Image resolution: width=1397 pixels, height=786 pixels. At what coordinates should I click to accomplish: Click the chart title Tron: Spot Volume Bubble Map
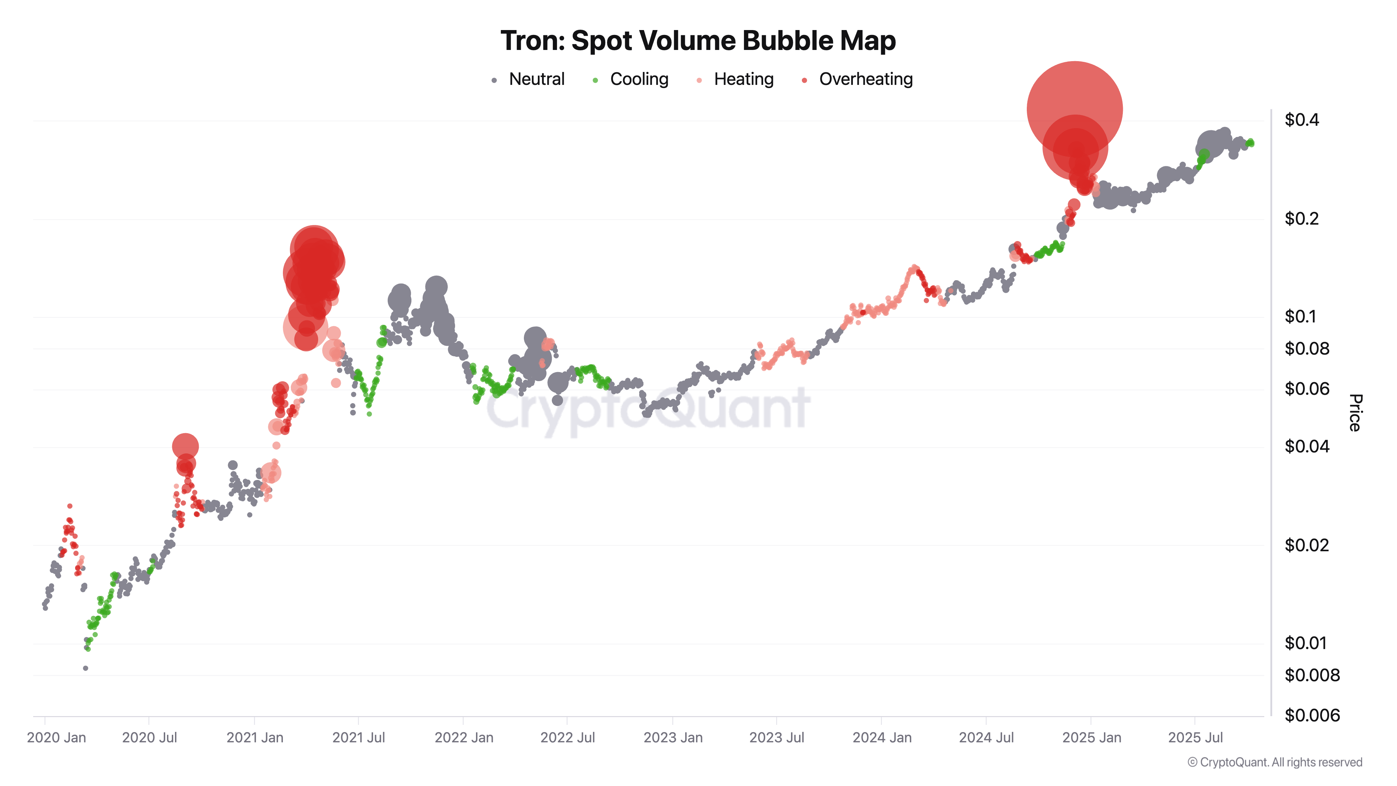(697, 41)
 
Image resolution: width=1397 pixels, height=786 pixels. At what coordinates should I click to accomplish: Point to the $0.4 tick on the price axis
(1302, 120)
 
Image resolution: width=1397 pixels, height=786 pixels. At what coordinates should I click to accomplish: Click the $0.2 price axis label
(1302, 219)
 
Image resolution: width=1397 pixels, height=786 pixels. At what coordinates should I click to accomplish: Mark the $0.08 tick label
(1307, 348)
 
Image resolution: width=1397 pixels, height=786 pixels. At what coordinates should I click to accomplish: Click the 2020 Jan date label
(56, 738)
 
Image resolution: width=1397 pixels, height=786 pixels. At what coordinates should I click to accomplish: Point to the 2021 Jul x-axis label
(358, 738)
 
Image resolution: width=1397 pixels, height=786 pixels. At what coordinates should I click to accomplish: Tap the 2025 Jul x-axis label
(1195, 738)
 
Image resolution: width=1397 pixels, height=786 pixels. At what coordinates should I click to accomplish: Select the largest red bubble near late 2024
(1074, 109)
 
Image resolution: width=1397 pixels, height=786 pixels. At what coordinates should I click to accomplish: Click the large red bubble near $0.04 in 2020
(185, 446)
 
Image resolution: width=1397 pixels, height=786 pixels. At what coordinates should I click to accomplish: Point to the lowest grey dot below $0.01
(86, 668)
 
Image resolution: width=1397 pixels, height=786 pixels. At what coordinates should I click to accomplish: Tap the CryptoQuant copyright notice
(1274, 762)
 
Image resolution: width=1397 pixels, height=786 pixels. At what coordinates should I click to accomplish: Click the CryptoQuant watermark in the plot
(648, 409)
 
